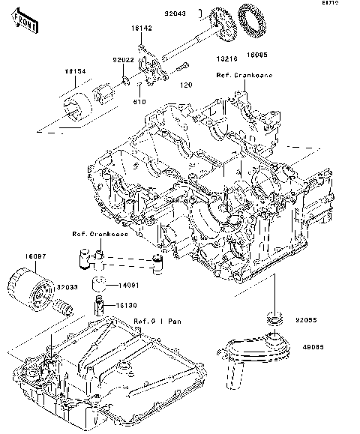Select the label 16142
142,27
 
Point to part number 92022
124,58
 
